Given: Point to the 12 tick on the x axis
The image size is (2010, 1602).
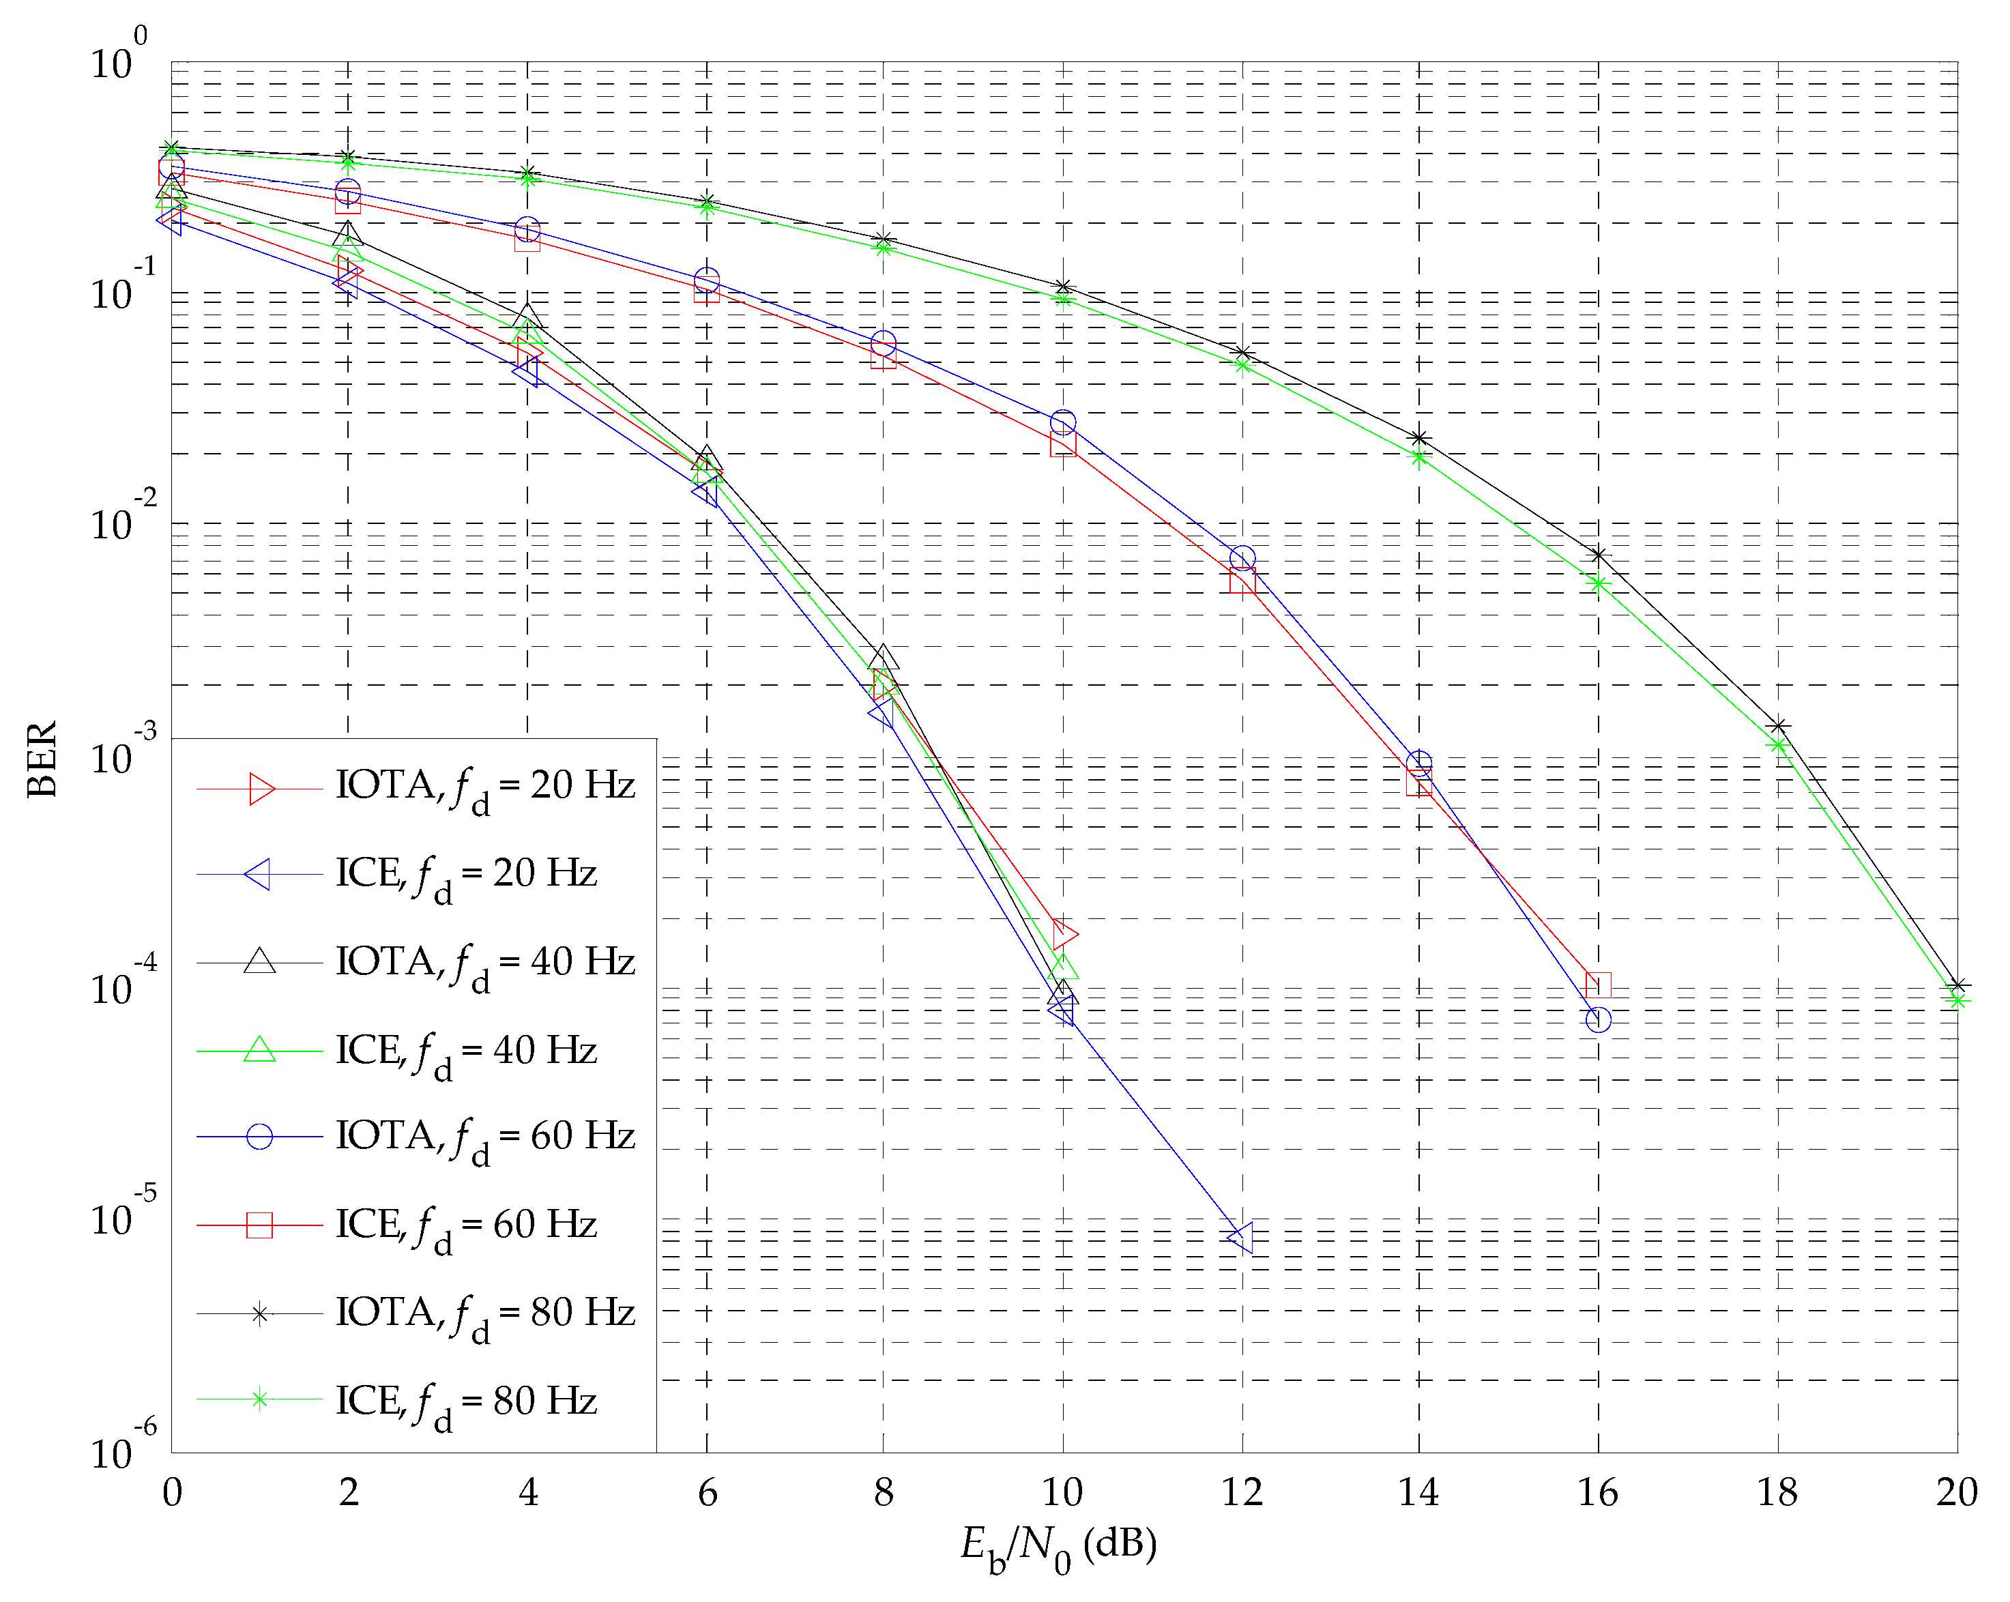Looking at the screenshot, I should pyautogui.click(x=1241, y=1493).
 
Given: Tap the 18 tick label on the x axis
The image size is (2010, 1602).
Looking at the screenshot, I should pyautogui.click(x=1777, y=1493).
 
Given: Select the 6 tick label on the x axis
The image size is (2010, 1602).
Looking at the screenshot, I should pyautogui.click(x=707, y=1493).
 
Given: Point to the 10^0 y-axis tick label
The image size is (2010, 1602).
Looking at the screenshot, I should pyautogui.click(x=119, y=58).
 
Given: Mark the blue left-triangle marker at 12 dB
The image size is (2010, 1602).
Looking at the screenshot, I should pyautogui.click(x=1241, y=1238).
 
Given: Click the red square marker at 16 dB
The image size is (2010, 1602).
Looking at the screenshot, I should pyautogui.click(x=1598, y=985).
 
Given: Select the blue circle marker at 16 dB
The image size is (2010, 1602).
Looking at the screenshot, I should pyautogui.click(x=1598, y=1019).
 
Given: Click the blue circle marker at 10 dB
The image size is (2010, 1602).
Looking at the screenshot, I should pyautogui.click(x=1063, y=422).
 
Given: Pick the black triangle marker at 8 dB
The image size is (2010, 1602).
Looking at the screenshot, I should pyautogui.click(x=884, y=658).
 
